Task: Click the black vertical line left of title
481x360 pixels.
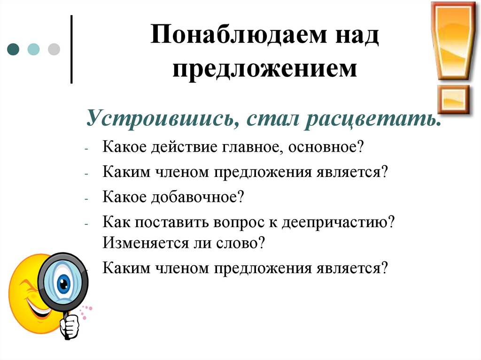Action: [x=71, y=49]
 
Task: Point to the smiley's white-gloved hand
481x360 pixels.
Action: [x=70, y=324]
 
